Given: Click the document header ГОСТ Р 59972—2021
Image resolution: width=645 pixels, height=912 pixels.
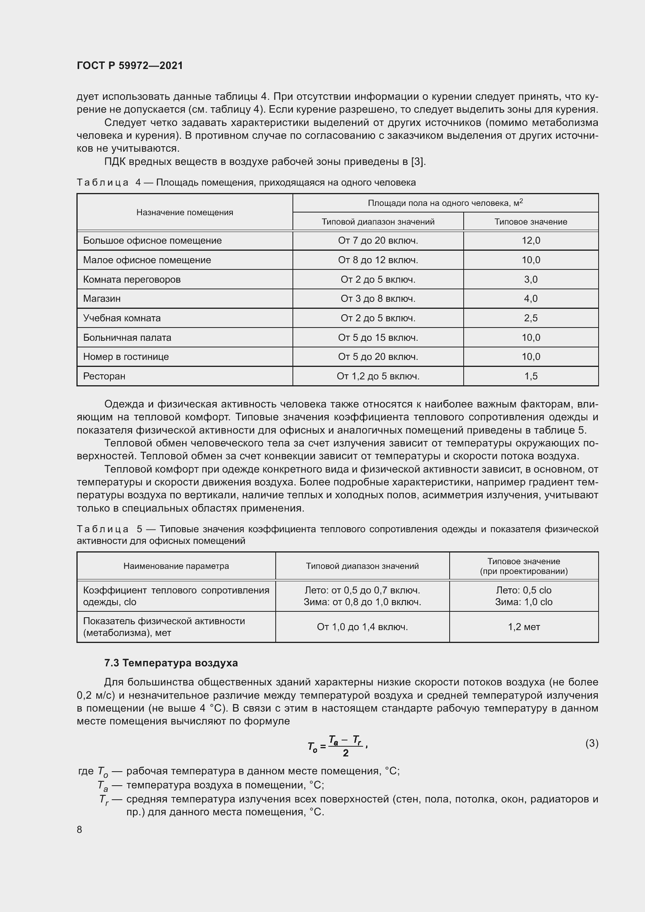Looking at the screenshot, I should tap(130, 66).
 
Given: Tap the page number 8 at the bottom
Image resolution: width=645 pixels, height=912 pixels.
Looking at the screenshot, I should tap(80, 829).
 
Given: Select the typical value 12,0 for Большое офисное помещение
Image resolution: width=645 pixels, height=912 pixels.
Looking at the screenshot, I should tap(531, 240).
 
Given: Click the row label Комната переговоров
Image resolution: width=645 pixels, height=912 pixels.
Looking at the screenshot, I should tap(132, 279).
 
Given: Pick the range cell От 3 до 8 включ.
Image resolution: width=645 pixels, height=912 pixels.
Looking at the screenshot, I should tap(378, 298).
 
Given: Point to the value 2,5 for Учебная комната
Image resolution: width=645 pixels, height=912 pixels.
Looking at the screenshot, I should tap(531, 318).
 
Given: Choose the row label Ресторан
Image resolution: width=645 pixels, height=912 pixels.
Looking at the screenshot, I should tap(104, 376).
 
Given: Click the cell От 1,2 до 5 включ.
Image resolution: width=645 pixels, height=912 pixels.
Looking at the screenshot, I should tap(378, 376).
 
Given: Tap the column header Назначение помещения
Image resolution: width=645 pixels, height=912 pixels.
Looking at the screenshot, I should tap(185, 212).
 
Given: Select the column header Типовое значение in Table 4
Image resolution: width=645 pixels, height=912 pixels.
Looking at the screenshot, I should tap(531, 221).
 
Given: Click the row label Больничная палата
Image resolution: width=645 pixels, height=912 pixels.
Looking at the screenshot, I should tap(127, 337).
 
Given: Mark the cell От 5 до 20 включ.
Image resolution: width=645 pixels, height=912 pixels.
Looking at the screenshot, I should tap(378, 356).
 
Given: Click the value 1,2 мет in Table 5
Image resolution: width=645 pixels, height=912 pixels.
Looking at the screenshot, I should tap(523, 627).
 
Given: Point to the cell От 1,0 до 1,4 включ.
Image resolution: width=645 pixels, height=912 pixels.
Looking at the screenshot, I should tap(362, 627).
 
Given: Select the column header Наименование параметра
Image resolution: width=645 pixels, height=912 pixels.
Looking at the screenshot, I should tap(176, 566).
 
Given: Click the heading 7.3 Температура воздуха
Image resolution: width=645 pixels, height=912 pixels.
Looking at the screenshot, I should tap(171, 662).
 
